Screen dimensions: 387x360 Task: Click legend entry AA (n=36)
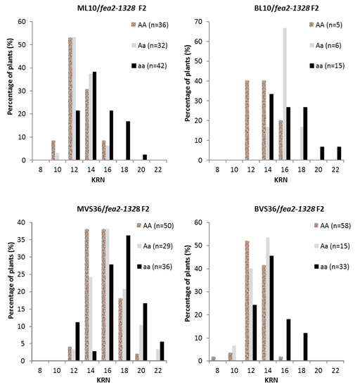[150, 24]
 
